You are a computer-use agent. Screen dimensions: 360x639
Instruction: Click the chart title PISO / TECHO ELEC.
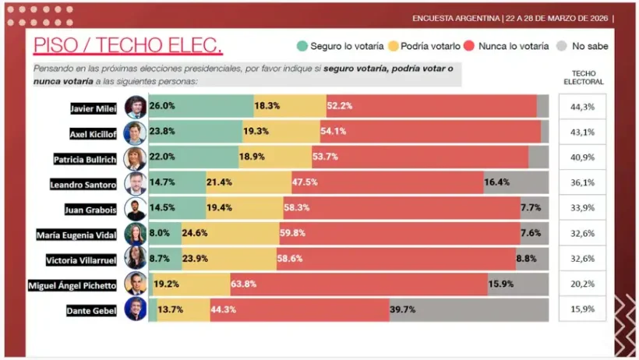click(x=128, y=46)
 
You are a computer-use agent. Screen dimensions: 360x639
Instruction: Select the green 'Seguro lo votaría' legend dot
click(x=302, y=46)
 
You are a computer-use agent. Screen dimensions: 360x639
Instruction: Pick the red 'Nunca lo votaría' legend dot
click(x=470, y=46)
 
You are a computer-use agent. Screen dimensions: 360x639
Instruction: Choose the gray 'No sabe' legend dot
click(x=563, y=46)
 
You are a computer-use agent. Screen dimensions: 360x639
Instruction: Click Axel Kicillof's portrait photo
click(x=136, y=132)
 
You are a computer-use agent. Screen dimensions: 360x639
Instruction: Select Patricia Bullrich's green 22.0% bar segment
click(x=193, y=157)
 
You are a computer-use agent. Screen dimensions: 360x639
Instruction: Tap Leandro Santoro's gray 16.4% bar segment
click(x=516, y=183)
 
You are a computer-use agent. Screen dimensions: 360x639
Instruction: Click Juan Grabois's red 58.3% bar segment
click(x=401, y=209)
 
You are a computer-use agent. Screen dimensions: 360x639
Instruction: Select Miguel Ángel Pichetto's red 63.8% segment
click(x=358, y=284)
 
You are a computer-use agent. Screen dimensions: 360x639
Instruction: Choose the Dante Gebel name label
click(x=92, y=310)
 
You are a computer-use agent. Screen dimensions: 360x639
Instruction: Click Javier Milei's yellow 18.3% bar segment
click(x=290, y=107)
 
